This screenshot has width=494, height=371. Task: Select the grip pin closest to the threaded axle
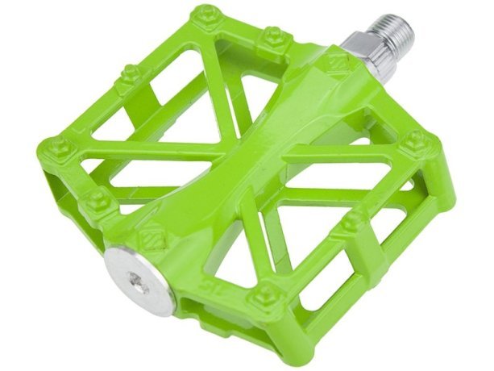(x=274, y=36)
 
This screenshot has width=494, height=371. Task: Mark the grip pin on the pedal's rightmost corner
(x=415, y=143)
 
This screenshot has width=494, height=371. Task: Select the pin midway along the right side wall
(x=351, y=221)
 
